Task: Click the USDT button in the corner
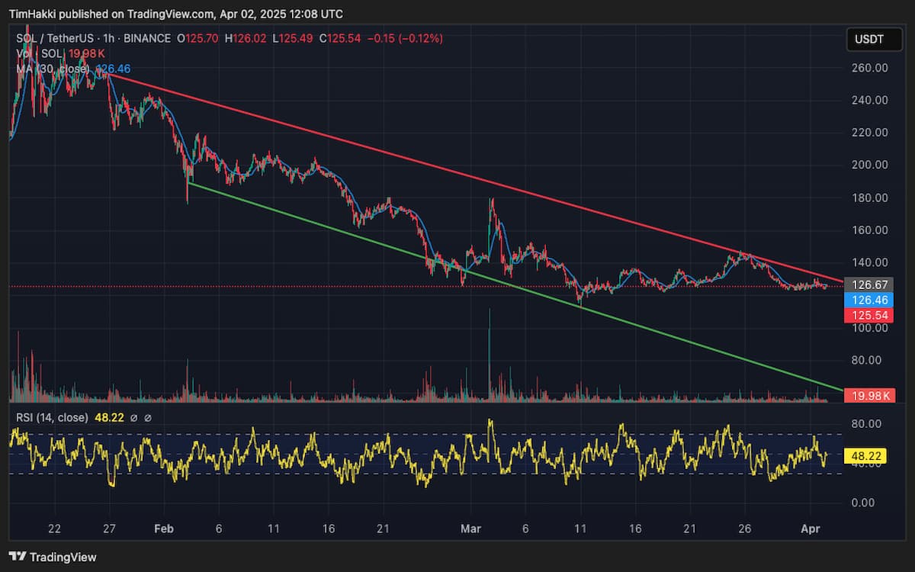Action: tap(869, 40)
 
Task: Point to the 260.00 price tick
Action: tap(870, 68)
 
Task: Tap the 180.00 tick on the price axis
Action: tap(870, 198)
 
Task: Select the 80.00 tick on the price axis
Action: tap(870, 360)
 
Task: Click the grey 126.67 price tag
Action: tap(870, 284)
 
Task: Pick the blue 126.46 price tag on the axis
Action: tap(870, 300)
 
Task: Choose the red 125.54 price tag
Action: tap(870, 315)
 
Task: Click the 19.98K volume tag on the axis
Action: tap(870, 395)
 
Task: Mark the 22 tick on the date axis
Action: tap(54, 529)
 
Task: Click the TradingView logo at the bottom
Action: tap(53, 558)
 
